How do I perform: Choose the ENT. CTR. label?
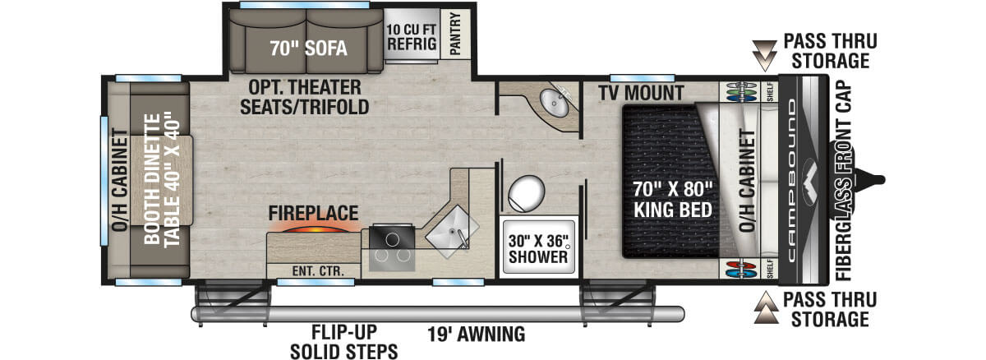point(312,270)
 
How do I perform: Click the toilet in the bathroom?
point(528,195)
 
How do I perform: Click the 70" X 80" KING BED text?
point(672,200)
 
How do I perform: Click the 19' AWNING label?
point(476,335)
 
